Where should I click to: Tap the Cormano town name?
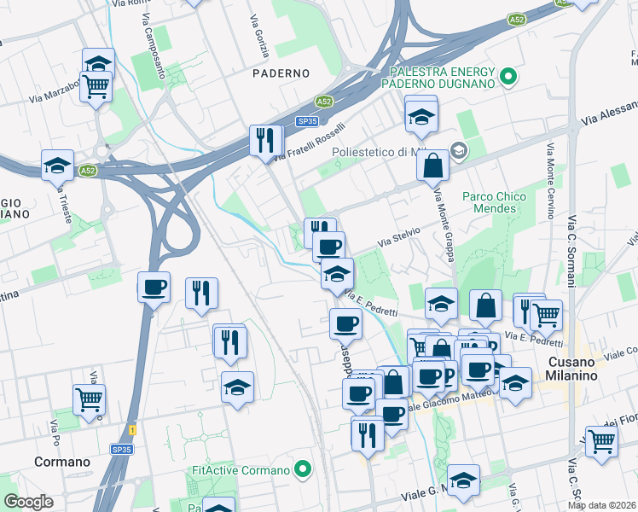(61, 462)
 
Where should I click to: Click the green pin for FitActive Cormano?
(302, 469)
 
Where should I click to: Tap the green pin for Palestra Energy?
(508, 78)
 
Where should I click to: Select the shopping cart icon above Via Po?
(89, 399)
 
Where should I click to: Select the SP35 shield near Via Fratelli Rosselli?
(307, 121)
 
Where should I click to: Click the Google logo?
(28, 502)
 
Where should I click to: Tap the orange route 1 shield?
(132, 429)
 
